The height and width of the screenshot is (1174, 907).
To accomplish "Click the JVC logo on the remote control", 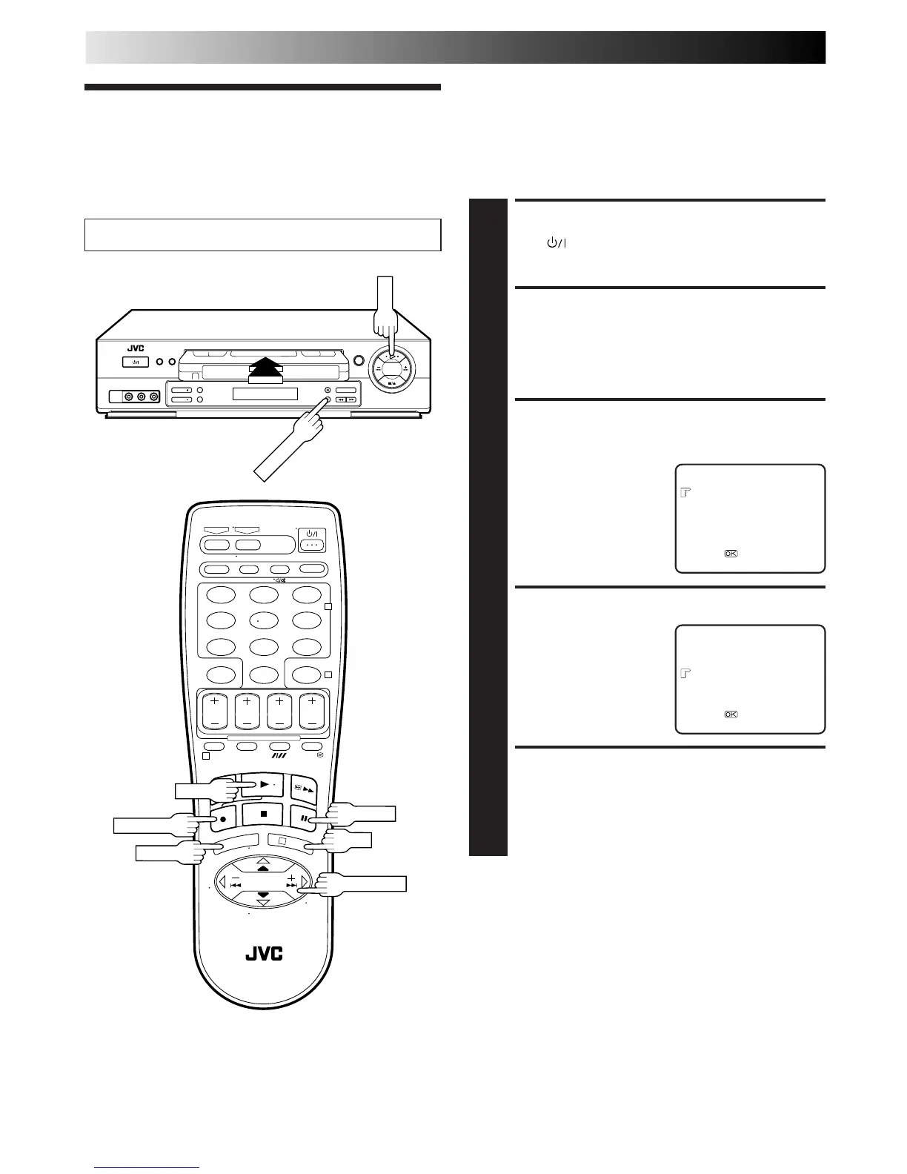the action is [x=265, y=953].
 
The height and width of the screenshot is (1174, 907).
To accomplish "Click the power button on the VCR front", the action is [x=135, y=362].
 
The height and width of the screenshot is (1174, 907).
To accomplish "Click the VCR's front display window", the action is [x=265, y=394].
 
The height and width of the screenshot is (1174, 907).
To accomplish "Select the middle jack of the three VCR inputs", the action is [x=142, y=397].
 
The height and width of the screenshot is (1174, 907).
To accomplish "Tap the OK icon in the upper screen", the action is [x=731, y=554].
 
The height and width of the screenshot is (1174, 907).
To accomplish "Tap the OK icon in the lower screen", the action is [x=731, y=714].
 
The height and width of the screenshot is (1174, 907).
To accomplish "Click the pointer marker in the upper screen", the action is [x=685, y=492].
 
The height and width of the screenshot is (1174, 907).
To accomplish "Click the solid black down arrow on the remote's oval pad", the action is [x=264, y=895].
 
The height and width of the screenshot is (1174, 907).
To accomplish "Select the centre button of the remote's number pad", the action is [x=264, y=620].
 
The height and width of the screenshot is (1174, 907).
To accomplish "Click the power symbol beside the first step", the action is [x=554, y=243].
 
